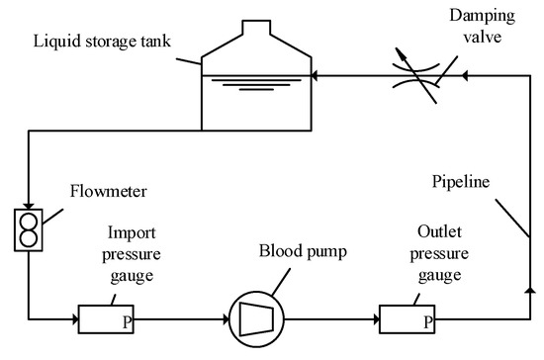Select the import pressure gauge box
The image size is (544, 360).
109,319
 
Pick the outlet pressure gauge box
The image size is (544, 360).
407,319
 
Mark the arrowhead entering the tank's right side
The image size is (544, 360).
314,74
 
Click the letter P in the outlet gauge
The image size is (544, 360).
426,322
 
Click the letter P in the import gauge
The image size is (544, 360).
128,322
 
